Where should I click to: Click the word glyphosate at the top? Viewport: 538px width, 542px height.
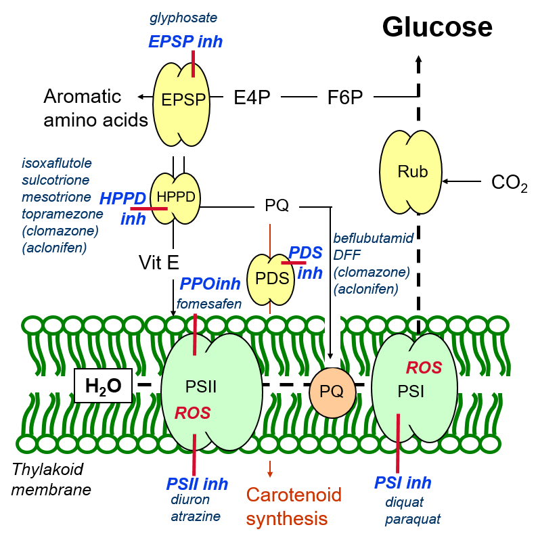pyautogui.click(x=183, y=18)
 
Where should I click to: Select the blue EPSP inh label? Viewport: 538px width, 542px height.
pyautogui.click(x=185, y=42)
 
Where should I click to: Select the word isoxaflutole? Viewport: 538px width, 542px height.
pyautogui.click(x=57, y=163)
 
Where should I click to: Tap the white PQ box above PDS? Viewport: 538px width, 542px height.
pyautogui.click(x=277, y=206)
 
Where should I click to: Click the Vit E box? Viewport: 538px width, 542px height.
pyautogui.click(x=159, y=263)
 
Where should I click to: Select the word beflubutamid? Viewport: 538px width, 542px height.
pyautogui.click(x=373, y=238)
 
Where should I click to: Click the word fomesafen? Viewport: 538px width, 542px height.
pyautogui.click(x=209, y=304)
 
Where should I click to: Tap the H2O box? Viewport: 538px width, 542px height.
pyautogui.click(x=103, y=386)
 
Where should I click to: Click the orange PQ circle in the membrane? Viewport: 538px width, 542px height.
pyautogui.click(x=332, y=392)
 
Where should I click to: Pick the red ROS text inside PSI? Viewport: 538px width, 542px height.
pyautogui.click(x=424, y=368)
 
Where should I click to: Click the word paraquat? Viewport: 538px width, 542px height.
pyautogui.click(x=413, y=519)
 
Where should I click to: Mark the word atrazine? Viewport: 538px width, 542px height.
pyautogui.click(x=196, y=516)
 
